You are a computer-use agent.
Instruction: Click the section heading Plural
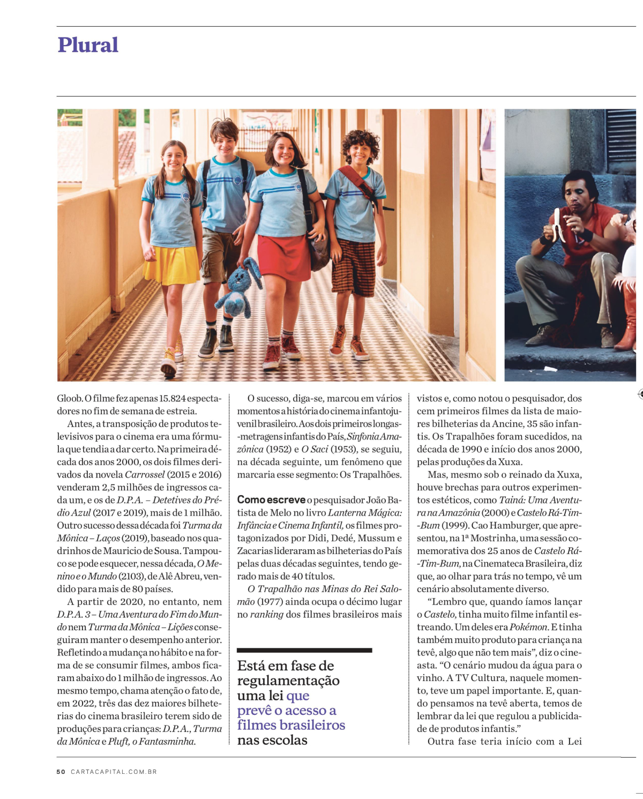click(x=88, y=45)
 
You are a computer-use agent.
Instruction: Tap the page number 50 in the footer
click(x=61, y=772)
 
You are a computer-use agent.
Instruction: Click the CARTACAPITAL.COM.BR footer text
click(x=114, y=772)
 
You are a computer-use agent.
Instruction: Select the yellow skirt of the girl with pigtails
click(x=172, y=265)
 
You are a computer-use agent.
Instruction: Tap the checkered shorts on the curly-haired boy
click(x=354, y=267)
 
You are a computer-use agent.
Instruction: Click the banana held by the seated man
click(x=557, y=225)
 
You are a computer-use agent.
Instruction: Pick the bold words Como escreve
click(x=271, y=500)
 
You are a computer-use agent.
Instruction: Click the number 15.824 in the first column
click(x=173, y=399)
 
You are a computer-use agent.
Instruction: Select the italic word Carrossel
click(x=145, y=475)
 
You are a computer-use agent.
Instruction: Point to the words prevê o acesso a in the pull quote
click(x=287, y=711)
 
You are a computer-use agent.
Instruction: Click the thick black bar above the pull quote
click(x=304, y=650)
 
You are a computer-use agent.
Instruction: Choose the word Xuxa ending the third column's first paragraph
click(x=511, y=462)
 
